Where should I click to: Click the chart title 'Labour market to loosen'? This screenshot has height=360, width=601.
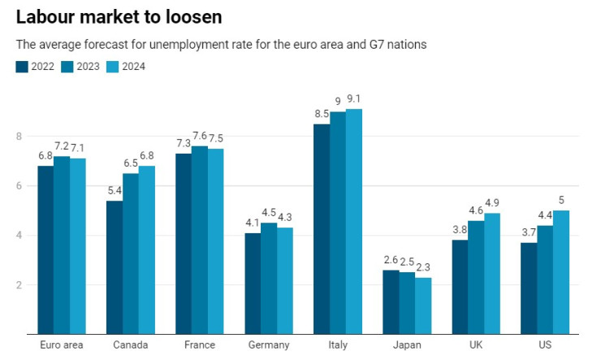point(119,16)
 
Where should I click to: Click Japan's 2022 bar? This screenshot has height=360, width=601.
point(391,301)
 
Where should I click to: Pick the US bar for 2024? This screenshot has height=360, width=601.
point(560,272)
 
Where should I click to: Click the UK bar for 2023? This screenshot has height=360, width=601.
point(475,277)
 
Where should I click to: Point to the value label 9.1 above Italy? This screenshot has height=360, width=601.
point(353,100)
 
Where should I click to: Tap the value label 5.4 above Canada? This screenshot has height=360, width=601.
point(115,192)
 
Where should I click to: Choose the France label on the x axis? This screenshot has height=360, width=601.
point(199,345)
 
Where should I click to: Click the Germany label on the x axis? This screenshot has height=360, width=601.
point(268,345)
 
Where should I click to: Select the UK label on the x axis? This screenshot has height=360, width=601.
point(475,345)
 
